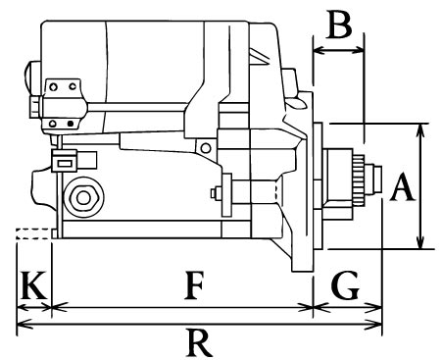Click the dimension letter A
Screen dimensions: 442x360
point(403,187)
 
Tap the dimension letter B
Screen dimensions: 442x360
point(340,25)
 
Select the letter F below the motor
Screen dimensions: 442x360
point(195,285)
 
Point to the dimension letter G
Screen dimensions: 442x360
point(345,285)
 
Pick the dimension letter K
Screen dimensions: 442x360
point(32,285)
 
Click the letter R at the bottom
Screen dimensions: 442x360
point(199,343)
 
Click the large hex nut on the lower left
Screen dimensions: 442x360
point(83,197)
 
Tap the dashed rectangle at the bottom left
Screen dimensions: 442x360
point(33,233)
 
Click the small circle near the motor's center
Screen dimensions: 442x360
point(206,148)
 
